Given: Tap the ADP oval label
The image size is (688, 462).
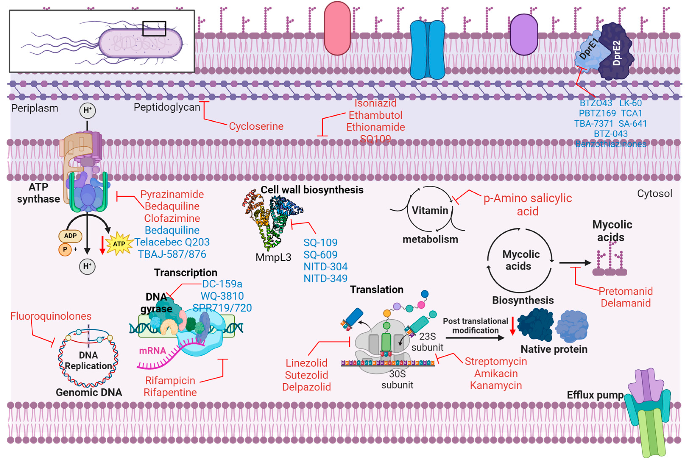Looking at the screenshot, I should [x=70, y=236].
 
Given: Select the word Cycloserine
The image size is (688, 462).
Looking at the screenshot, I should [x=256, y=126].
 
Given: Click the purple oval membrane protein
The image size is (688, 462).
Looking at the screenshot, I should [x=524, y=35].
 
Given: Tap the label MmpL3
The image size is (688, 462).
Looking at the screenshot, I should [x=273, y=257].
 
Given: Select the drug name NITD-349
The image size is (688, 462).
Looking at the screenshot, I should [x=325, y=278].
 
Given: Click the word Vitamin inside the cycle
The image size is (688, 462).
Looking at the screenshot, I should [x=430, y=210].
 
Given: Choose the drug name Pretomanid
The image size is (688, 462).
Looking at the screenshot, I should [x=625, y=291].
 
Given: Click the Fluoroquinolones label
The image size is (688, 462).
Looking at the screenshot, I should [x=51, y=316].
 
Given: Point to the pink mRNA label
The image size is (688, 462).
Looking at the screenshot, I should [x=152, y=351].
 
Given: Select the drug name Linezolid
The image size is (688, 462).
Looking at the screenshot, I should [x=306, y=363].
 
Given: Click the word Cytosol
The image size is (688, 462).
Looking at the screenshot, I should [x=655, y=193].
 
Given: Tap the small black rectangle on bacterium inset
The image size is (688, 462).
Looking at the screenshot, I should [x=154, y=29].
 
